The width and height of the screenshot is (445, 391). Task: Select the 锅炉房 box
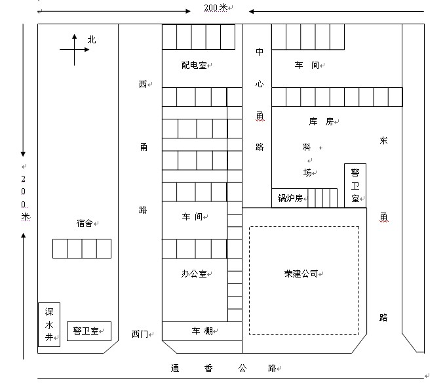pyautogui.click(x=289, y=198)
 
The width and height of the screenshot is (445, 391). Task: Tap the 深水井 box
pyautogui.click(x=48, y=323)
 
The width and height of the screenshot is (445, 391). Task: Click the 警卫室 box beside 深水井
pyautogui.click(x=88, y=331)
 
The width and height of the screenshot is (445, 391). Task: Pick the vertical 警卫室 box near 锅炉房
pyautogui.click(x=355, y=185)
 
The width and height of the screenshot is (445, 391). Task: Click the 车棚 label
pyautogui.click(x=201, y=331)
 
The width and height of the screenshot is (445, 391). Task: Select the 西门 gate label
pyautogui.click(x=140, y=334)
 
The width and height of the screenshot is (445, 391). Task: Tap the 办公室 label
pyautogui.click(x=194, y=274)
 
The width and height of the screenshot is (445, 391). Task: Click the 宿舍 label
pyautogui.click(x=85, y=224)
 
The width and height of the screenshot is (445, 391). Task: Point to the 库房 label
pyautogui.click(x=320, y=121)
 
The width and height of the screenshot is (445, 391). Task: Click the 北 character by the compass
pyautogui.click(x=91, y=39)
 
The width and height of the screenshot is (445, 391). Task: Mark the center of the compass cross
pyautogui.click(x=74, y=50)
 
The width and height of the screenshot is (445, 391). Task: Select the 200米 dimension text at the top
pyautogui.click(x=215, y=8)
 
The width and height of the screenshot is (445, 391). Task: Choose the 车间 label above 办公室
pyautogui.click(x=194, y=216)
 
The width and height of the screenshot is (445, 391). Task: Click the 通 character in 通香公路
pyautogui.click(x=175, y=368)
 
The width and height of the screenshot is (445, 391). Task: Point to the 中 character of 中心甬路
pyautogui.click(x=260, y=52)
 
